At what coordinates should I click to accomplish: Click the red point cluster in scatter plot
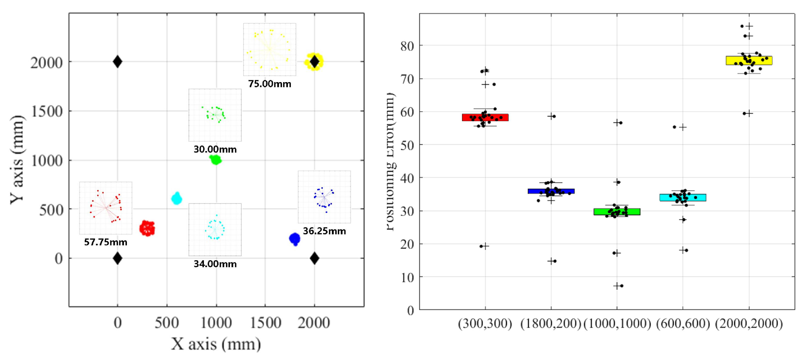[147, 228]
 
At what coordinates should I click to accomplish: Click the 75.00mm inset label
[270, 84]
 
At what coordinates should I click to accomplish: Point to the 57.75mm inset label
[106, 242]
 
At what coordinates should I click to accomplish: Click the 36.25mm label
[324, 231]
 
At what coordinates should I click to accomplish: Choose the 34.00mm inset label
[215, 264]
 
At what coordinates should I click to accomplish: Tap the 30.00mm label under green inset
[215, 149]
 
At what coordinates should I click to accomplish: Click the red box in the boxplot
[485, 117]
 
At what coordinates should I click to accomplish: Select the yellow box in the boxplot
[749, 60]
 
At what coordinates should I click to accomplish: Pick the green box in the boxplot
[617, 212]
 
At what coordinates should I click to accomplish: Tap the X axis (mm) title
[216, 344]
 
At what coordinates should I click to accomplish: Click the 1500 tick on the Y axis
[47, 111]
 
